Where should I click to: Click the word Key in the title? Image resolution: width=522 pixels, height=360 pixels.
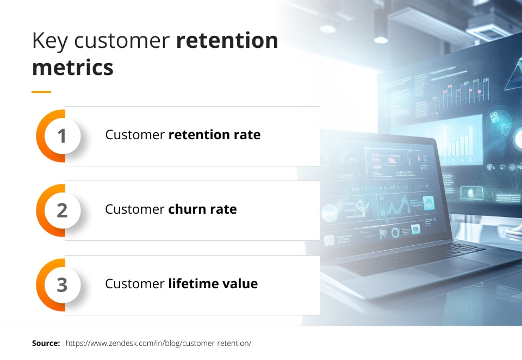click(x=49, y=41)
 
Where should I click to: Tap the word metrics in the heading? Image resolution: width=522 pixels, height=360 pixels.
click(x=72, y=67)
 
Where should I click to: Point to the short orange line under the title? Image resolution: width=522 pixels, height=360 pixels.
click(x=41, y=91)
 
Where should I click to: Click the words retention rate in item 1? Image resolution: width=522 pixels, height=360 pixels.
click(x=214, y=134)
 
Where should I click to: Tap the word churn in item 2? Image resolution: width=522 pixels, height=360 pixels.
click(x=187, y=209)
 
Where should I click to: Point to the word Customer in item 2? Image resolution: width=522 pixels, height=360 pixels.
click(x=135, y=209)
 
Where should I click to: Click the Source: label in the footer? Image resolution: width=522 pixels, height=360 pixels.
click(x=46, y=343)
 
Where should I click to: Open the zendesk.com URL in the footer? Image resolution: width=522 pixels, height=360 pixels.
click(x=158, y=343)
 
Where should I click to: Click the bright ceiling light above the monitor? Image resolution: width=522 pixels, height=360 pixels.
click(x=381, y=40)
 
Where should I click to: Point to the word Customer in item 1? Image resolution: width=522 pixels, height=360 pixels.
click(x=135, y=134)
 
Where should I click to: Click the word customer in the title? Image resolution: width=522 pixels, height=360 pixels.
click(x=122, y=41)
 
